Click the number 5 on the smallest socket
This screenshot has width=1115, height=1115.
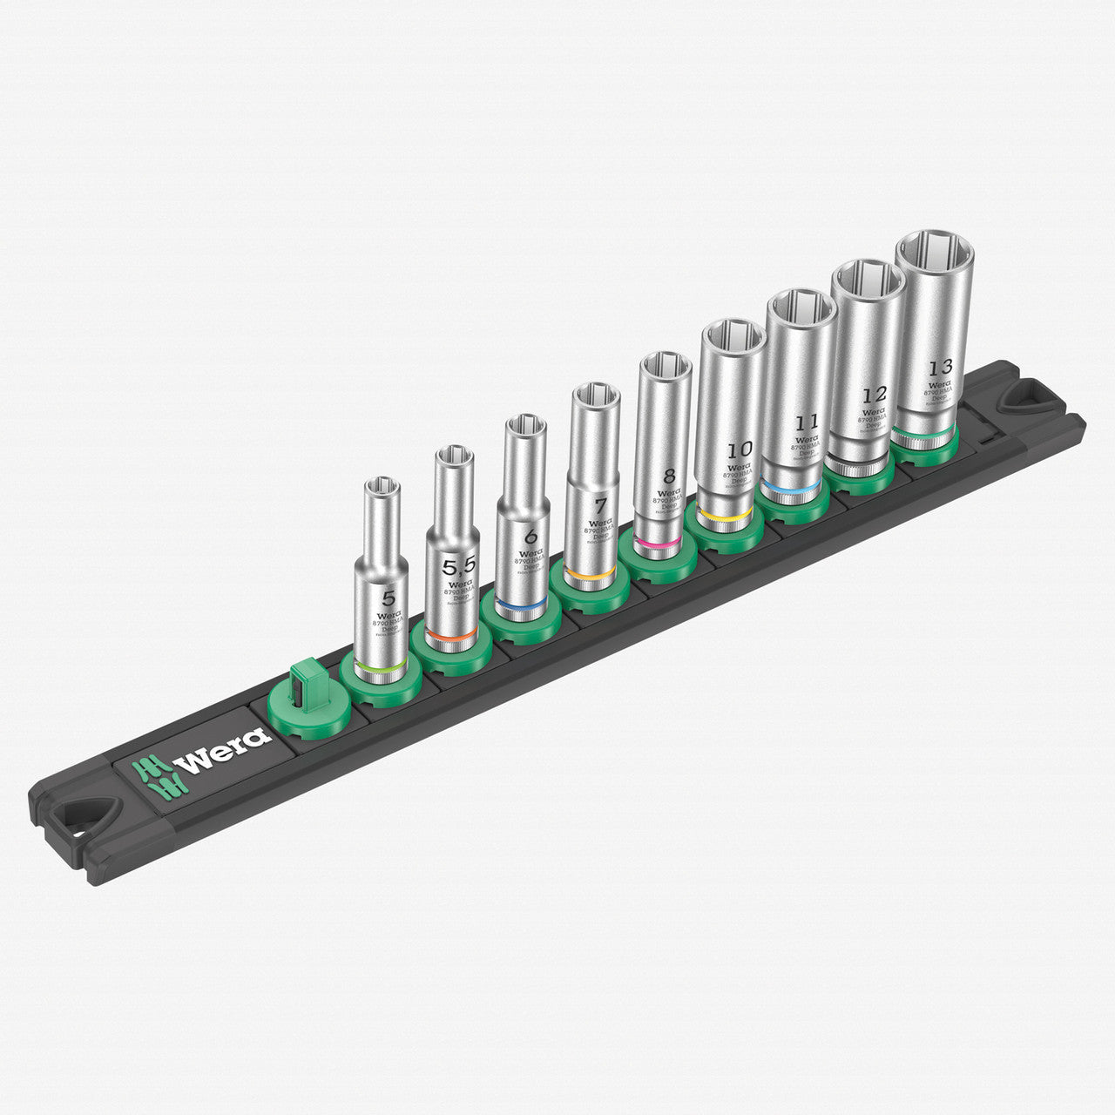(389, 598)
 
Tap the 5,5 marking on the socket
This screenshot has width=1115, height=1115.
(458, 567)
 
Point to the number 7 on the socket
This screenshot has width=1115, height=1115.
(600, 505)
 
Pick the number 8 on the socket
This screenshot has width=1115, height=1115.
(668, 476)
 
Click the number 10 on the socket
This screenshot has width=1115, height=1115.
(740, 449)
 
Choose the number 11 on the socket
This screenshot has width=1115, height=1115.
(808, 423)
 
